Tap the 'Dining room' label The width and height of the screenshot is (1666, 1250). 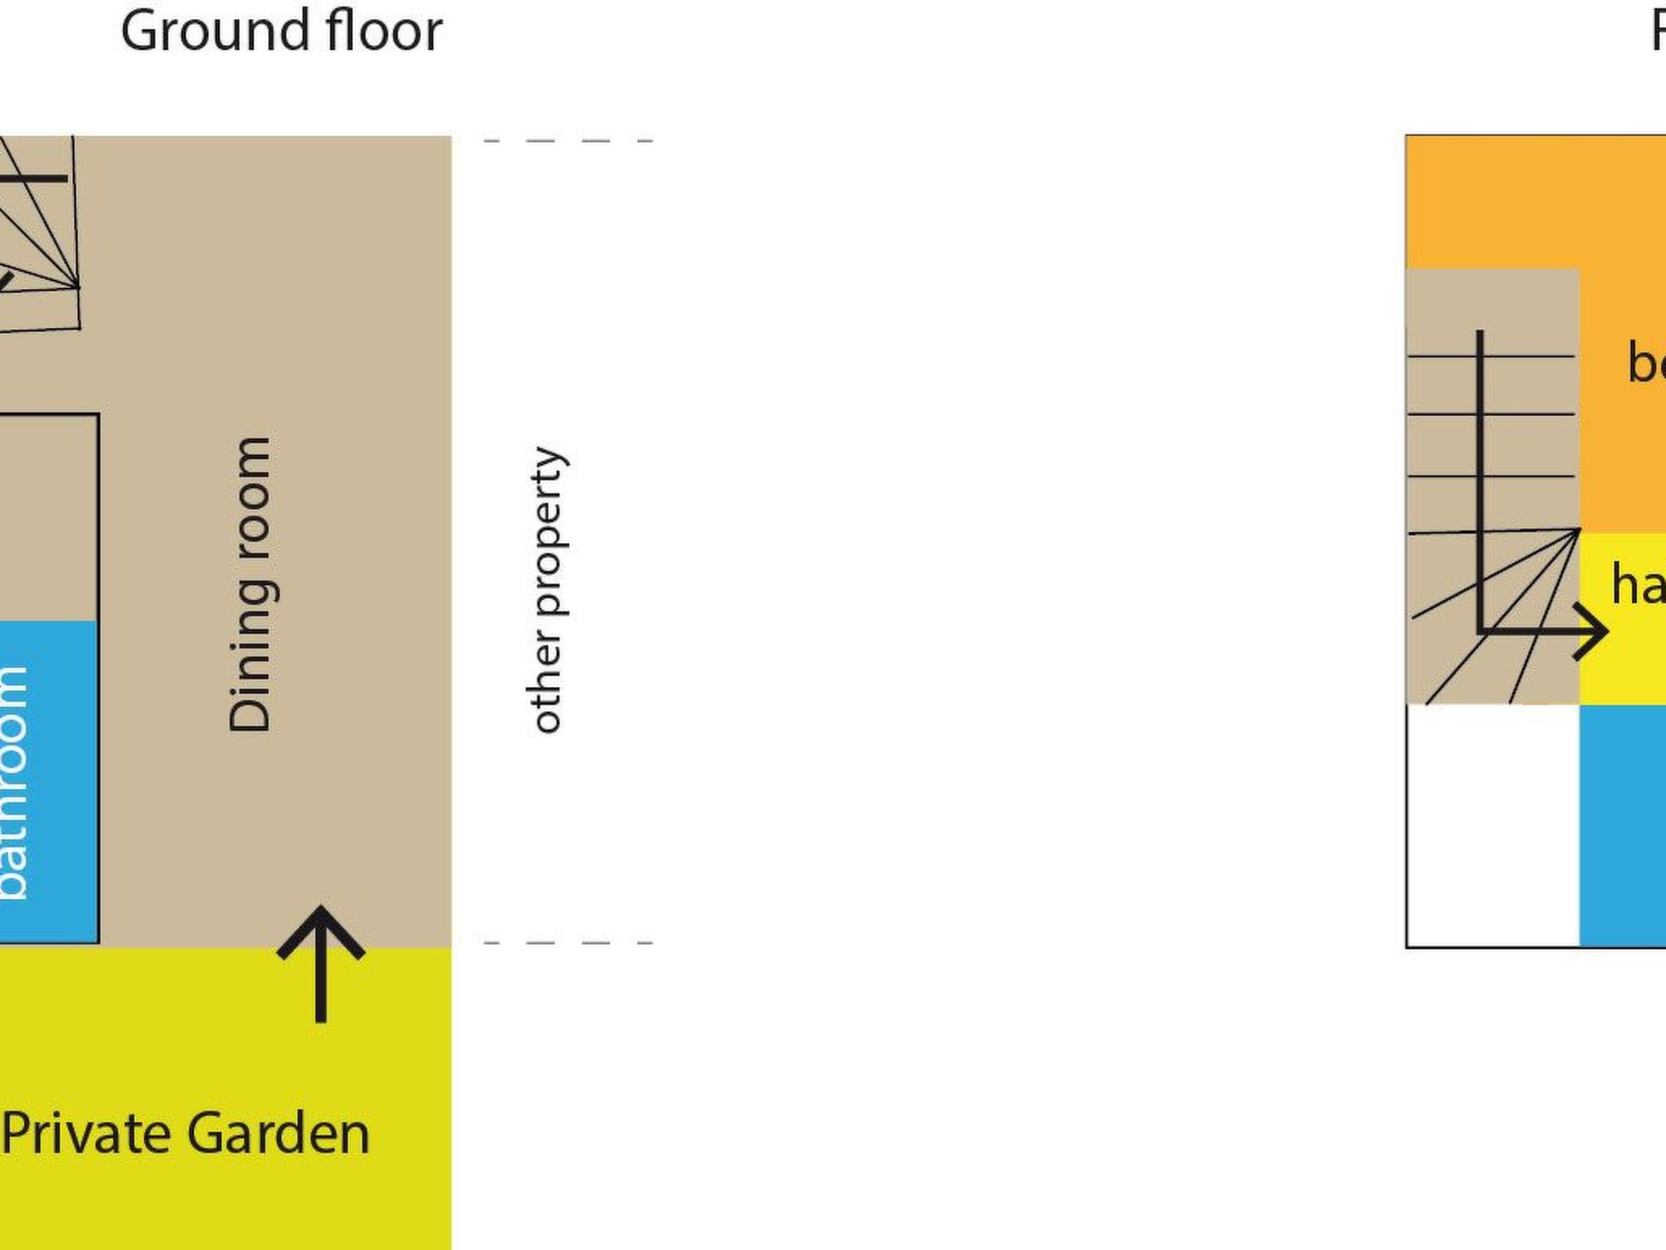pyautogui.click(x=250, y=584)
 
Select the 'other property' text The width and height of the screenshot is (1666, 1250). pyautogui.click(x=547, y=590)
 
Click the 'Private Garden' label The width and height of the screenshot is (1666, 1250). pyautogui.click(x=185, y=1134)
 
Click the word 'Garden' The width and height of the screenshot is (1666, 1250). pyautogui.click(x=278, y=1134)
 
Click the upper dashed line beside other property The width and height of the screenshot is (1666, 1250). pyautogui.click(x=568, y=141)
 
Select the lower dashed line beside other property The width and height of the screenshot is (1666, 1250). pyautogui.click(x=568, y=943)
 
